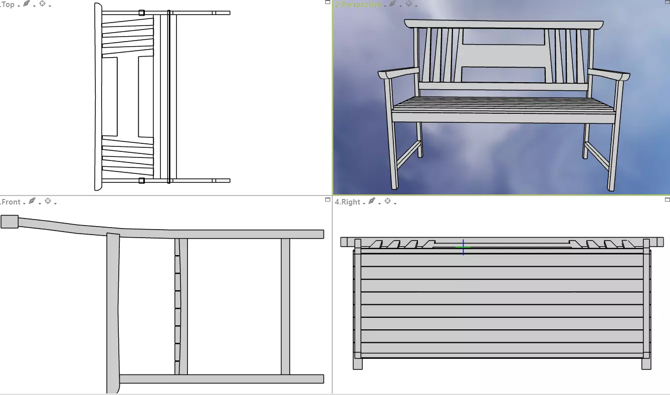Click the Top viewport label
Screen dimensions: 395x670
coord(8,5)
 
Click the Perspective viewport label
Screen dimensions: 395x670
coord(358,5)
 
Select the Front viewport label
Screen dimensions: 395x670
coord(11,202)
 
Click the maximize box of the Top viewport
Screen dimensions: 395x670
coord(328,3)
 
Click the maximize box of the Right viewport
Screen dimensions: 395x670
coord(667,200)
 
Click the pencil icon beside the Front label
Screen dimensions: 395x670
coord(32,202)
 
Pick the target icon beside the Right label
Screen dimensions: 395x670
coord(388,202)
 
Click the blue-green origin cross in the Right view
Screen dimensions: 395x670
coord(464,247)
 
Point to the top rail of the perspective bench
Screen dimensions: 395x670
coord(503,24)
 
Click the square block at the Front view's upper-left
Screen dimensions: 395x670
coord(9,222)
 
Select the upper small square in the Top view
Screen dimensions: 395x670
coord(142,13)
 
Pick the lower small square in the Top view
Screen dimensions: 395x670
coord(142,180)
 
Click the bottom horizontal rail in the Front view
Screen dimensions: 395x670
coord(220,378)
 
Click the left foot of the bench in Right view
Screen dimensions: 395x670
coord(357,363)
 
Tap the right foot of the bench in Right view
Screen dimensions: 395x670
coord(646,363)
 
